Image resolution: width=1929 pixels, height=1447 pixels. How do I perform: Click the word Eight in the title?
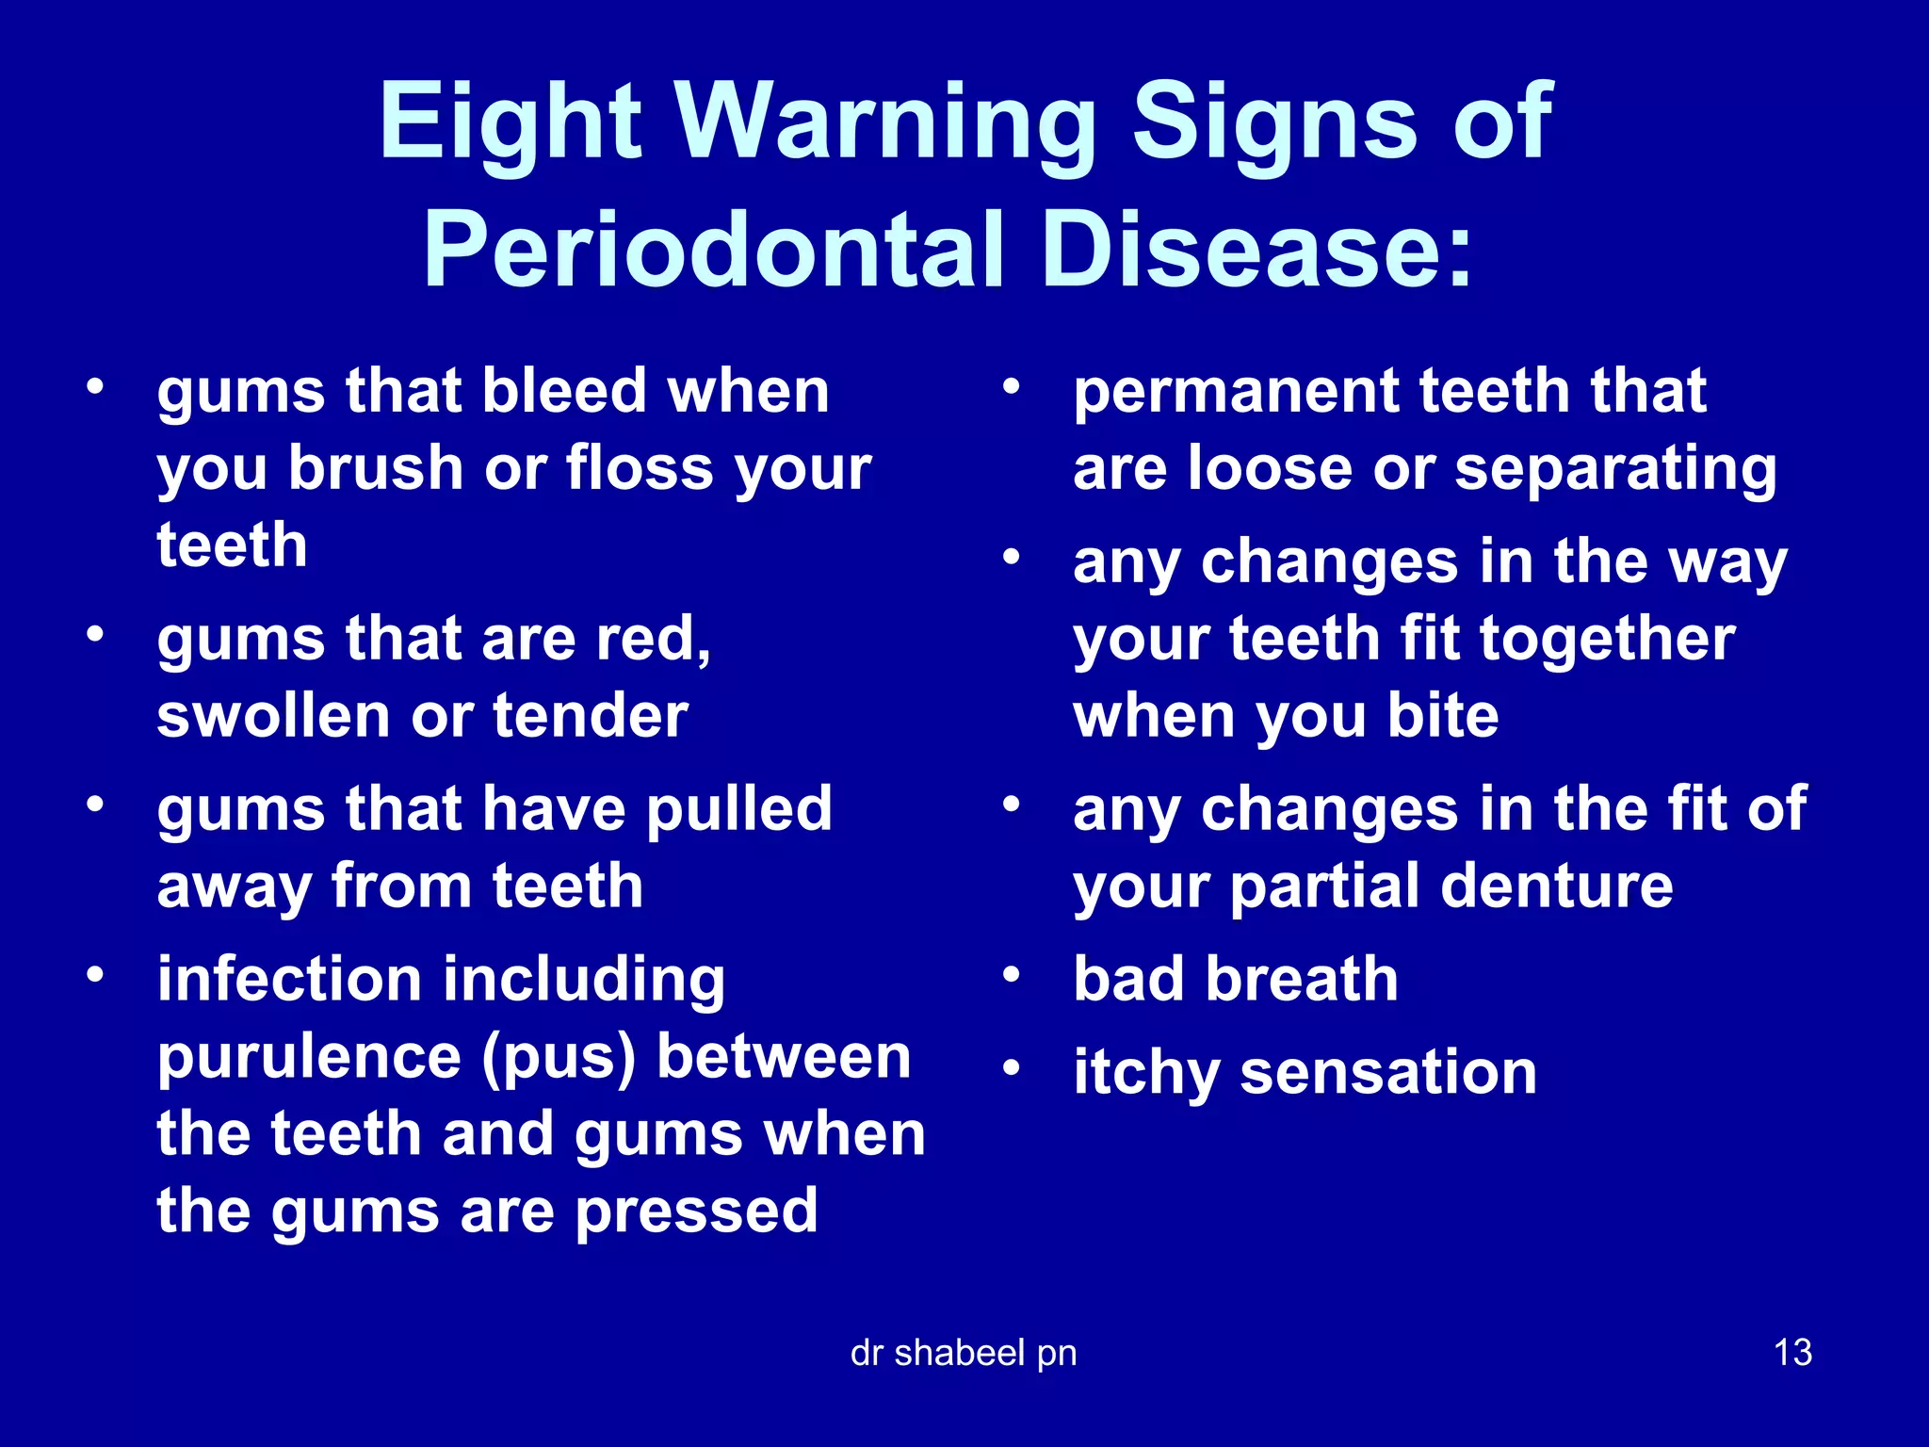point(510,122)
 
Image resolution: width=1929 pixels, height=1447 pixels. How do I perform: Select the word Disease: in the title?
point(1258,251)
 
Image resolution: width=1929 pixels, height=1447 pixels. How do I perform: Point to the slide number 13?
point(1792,1353)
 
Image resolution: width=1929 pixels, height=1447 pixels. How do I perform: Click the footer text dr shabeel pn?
point(963,1353)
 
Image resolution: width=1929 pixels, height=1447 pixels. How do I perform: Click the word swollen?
point(271,716)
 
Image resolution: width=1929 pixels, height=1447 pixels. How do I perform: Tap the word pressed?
point(696,1211)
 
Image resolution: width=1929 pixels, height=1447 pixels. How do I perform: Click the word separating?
point(1615,469)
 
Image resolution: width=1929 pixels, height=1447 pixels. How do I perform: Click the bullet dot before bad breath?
point(1012,973)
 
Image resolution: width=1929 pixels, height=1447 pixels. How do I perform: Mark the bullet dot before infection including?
point(94,973)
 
